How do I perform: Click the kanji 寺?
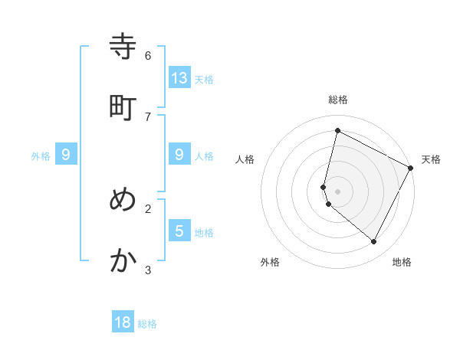[123, 47]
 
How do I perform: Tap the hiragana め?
[123, 200]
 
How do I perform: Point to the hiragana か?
[123, 261]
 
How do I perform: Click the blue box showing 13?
[179, 77]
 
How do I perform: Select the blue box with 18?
[123, 322]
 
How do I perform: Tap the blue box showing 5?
[179, 231]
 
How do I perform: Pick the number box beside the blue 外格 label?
[66, 154]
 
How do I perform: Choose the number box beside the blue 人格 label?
[179, 154]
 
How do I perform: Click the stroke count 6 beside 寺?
[148, 55]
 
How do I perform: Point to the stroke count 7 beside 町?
[148, 116]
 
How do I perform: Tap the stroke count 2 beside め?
[148, 208]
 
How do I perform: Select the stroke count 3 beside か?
[148, 270]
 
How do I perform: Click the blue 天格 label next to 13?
[204, 80]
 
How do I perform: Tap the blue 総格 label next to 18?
[147, 325]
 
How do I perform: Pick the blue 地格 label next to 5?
[204, 233]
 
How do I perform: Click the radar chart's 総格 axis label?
[337, 100]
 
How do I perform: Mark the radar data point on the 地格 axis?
[374, 242]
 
